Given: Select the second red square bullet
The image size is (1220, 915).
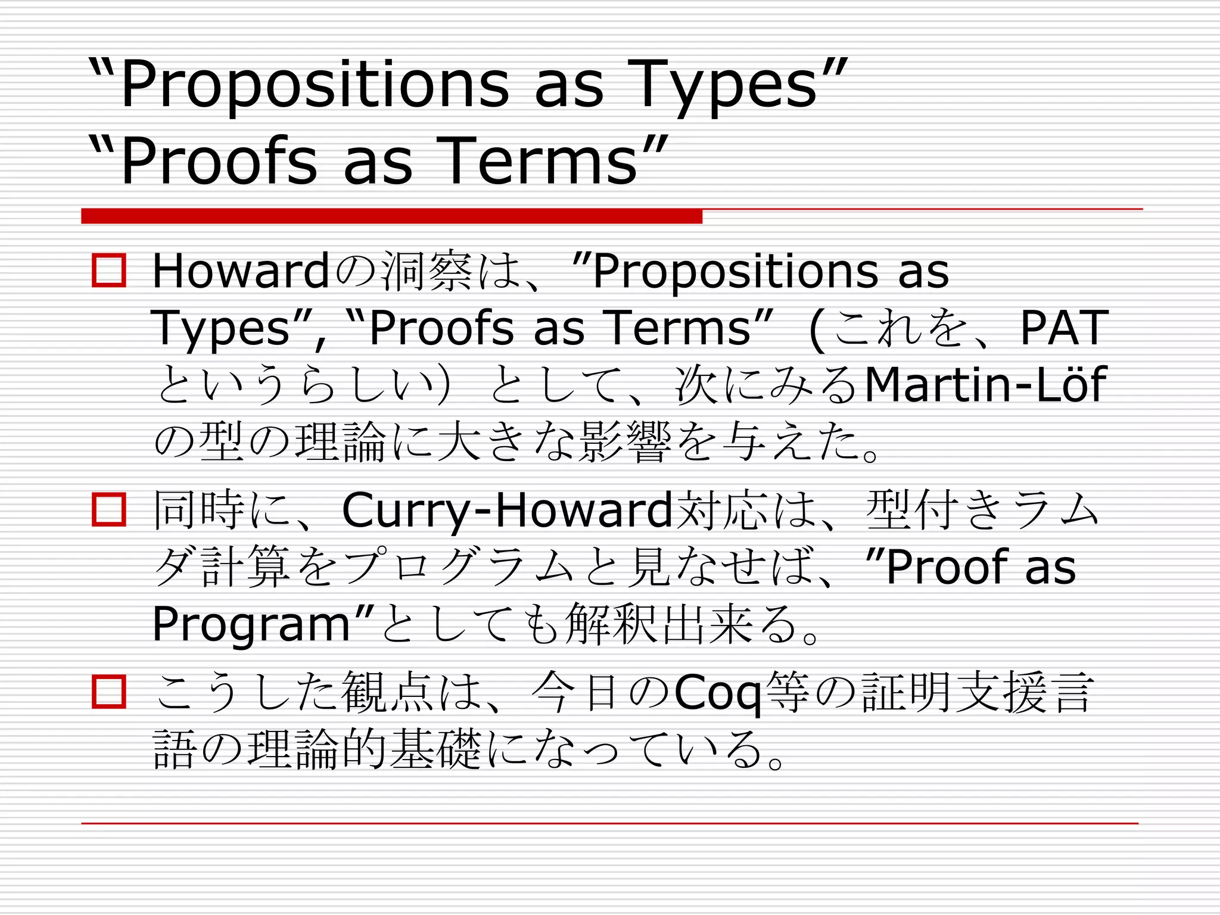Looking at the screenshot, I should coord(109,509).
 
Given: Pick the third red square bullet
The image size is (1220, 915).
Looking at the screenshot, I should coord(109,692).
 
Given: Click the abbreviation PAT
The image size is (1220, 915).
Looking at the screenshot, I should coord(1063,328).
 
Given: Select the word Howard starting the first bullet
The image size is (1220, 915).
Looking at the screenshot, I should coord(241,271).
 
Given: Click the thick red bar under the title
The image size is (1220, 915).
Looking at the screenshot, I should coord(391,216).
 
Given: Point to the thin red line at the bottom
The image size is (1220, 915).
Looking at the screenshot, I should coord(609,823).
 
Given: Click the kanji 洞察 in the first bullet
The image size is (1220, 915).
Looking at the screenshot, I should coord(427,272).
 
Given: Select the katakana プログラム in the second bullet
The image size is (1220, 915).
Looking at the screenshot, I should coord(459,567).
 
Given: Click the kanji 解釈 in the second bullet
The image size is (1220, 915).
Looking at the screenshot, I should coord(613,624).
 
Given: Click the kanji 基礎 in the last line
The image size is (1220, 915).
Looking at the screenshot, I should coord(435,749).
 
